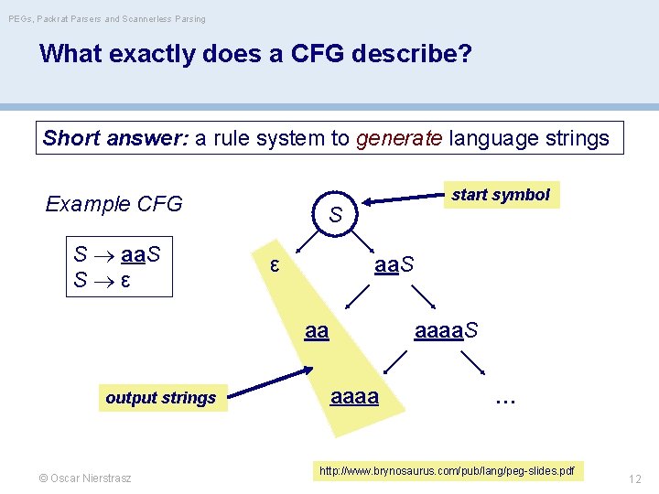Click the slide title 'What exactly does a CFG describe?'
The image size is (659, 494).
coord(255,55)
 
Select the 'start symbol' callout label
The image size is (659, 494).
coord(501,195)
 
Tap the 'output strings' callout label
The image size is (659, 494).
coord(161,398)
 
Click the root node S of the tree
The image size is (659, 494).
coord(336,215)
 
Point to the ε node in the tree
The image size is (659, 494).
coord(274,265)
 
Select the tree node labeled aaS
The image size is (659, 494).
coord(394,265)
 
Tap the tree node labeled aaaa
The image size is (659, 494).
coord(354,397)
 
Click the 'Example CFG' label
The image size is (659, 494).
coord(113,203)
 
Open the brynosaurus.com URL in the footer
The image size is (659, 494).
coord(447,471)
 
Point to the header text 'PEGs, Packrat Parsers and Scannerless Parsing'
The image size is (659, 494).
coord(106,18)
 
